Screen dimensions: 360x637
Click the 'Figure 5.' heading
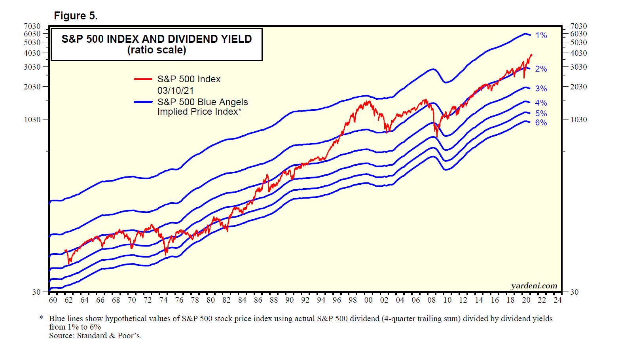click(x=76, y=16)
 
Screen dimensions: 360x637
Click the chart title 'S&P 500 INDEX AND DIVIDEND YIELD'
click(x=157, y=39)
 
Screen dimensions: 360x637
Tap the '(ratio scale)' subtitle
click(x=157, y=50)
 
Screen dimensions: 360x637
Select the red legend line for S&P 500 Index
click(x=143, y=79)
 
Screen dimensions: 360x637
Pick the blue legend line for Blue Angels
click(x=143, y=102)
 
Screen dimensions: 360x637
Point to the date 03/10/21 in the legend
click(x=175, y=91)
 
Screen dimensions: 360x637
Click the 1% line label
click(x=541, y=35)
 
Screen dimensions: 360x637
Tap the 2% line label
click(x=541, y=69)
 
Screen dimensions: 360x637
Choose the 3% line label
click(x=541, y=89)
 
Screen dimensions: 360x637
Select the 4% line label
click(x=541, y=103)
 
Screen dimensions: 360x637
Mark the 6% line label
click(x=541, y=123)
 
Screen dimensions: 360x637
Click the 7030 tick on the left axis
click(x=32, y=26)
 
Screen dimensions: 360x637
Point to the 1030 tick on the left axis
click(x=32, y=119)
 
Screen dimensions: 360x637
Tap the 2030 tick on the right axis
click(x=578, y=87)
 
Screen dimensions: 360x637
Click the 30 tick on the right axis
click(x=574, y=292)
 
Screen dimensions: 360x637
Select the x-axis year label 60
click(x=53, y=300)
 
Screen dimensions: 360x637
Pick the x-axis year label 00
click(x=368, y=300)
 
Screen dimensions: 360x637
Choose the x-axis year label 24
click(x=557, y=300)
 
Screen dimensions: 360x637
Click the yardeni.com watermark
click(x=534, y=286)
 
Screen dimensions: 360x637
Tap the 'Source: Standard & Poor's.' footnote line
click(x=95, y=336)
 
